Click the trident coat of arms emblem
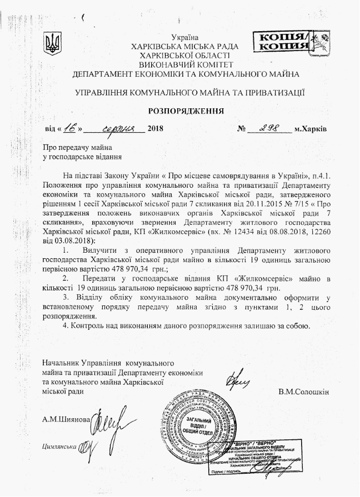coord(54,42)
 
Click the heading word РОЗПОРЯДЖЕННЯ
coord(186,111)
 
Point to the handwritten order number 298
coord(268,128)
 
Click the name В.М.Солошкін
coord(304,391)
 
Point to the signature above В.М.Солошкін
coord(237,380)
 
